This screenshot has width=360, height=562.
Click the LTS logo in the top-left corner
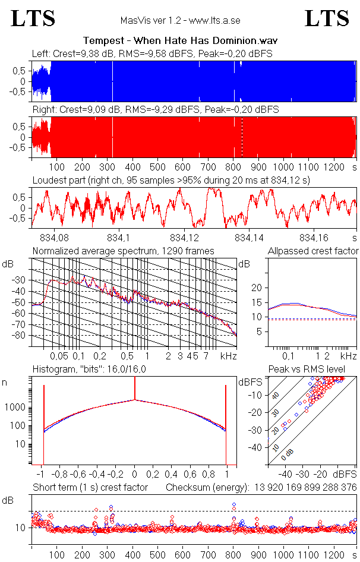(x=33, y=19)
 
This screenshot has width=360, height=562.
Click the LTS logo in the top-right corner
(x=327, y=19)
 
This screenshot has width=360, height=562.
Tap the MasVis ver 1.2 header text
(x=180, y=21)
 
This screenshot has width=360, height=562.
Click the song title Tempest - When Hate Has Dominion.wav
(x=181, y=40)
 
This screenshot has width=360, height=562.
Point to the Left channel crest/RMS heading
(x=152, y=53)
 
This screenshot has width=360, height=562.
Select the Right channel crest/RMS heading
(x=155, y=110)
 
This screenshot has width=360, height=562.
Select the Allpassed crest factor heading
(x=313, y=251)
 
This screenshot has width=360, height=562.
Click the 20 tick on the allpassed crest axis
(x=257, y=288)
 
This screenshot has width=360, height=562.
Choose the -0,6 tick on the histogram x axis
(x=80, y=475)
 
